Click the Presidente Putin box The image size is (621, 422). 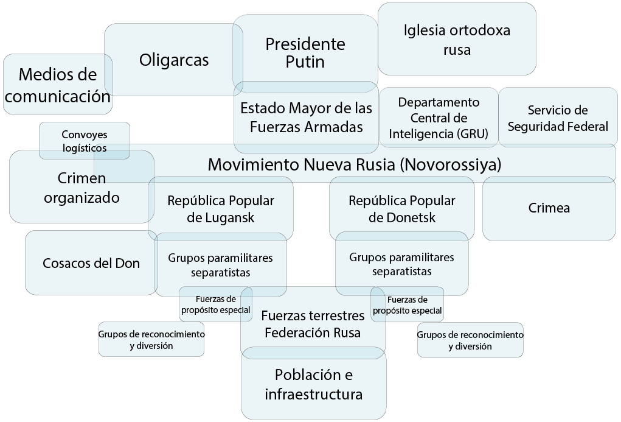click(x=305, y=54)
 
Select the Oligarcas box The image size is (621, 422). click(x=174, y=60)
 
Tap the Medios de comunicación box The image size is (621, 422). click(x=58, y=85)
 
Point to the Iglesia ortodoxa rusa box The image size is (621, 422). click(x=457, y=39)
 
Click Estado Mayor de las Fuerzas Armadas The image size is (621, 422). click(x=306, y=118)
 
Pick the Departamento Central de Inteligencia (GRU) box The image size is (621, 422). click(x=439, y=118)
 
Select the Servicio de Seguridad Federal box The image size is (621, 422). click(x=558, y=118)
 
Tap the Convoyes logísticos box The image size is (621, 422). click(x=85, y=141)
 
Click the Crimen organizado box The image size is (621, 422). click(x=82, y=186)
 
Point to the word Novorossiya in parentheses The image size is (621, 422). click(x=450, y=164)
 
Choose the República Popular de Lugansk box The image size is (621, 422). click(x=221, y=209)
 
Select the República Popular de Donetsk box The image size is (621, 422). click(x=402, y=209)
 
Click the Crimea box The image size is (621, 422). click(x=549, y=208)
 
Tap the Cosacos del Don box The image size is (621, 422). click(x=91, y=262)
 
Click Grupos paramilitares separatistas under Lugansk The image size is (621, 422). click(x=221, y=264)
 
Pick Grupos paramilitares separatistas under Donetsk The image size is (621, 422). click(x=401, y=264)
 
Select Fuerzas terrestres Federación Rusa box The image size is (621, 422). click(x=313, y=323)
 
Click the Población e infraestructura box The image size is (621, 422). click(x=314, y=384)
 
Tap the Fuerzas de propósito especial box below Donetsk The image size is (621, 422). click(x=407, y=304)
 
